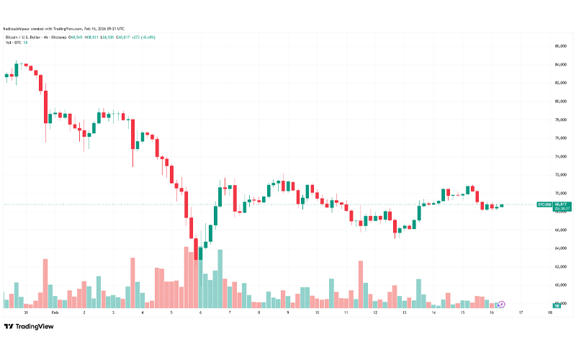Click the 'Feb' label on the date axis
[54, 314]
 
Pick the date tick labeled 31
[25, 314]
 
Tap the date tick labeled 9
[287, 314]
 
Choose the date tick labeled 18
[549, 314]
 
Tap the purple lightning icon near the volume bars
[501, 305]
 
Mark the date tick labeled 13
[404, 314]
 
